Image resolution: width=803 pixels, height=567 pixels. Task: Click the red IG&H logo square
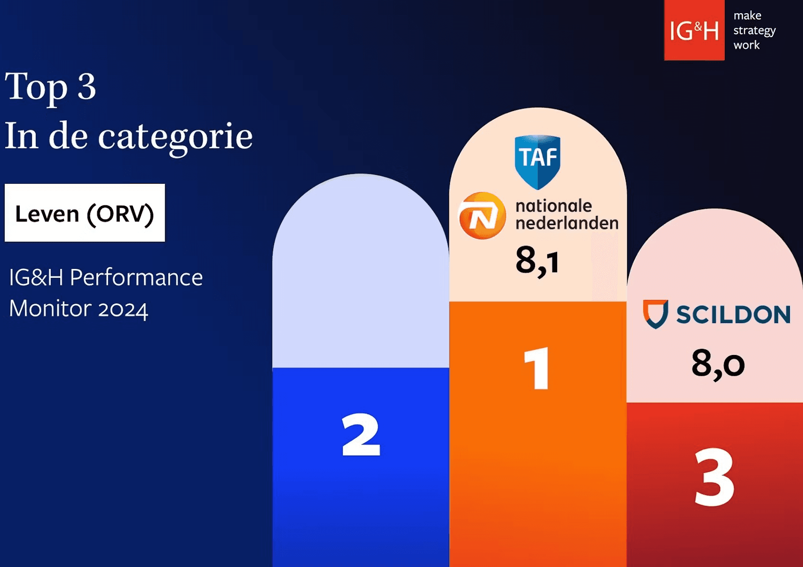coord(694,30)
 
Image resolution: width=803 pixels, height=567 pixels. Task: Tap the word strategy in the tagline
coord(754,31)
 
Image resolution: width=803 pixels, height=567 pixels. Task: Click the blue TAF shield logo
coord(537,162)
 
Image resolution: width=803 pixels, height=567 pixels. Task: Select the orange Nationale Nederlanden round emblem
coord(482,215)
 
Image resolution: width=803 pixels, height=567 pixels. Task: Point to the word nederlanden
coord(567,223)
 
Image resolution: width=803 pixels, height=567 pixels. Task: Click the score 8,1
coord(537,260)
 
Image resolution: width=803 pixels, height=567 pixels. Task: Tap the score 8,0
coord(718,364)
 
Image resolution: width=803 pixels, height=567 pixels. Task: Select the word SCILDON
coord(733,315)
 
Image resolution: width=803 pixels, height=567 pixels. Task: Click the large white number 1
coord(536,368)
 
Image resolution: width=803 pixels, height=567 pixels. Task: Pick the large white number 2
coord(361,434)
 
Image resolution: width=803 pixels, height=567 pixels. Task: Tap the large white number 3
coord(714,477)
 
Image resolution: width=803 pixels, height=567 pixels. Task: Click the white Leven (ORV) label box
coord(85,213)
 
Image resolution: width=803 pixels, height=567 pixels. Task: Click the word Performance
coord(136,277)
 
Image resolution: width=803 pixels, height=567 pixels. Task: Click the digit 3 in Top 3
coord(87,86)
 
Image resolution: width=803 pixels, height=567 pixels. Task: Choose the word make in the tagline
coord(748,16)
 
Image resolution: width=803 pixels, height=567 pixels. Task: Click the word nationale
coord(553,206)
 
